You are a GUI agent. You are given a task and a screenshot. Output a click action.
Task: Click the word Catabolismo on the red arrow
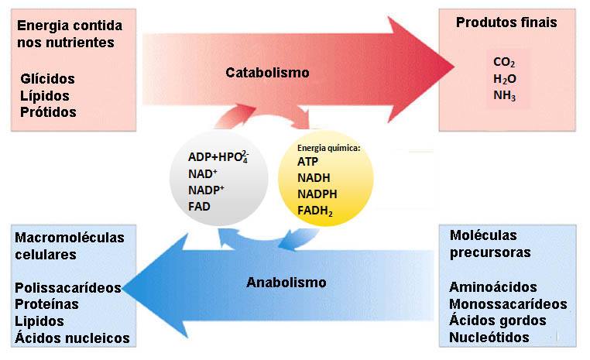pos(267,73)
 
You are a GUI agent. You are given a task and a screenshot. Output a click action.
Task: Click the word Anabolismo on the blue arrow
pos(286,282)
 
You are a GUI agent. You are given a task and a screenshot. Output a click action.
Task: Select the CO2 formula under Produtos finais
pos(504,63)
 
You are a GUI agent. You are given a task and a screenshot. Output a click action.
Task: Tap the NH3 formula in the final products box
pos(504,96)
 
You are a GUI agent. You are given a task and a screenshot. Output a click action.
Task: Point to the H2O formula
pos(504,79)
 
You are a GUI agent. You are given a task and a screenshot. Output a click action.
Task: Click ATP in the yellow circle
pos(307,162)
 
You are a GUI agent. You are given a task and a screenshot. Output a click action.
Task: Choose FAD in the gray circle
pos(199,207)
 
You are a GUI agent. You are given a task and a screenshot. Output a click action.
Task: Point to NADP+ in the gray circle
pos(206,190)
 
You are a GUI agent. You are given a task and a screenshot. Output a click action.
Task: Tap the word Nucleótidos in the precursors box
pos(489,337)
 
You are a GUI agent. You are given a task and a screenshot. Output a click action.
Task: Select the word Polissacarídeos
pos(68,287)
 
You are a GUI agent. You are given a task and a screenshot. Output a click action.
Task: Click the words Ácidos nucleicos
pos(72,337)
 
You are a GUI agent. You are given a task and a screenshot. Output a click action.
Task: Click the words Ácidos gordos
pos(498,321)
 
